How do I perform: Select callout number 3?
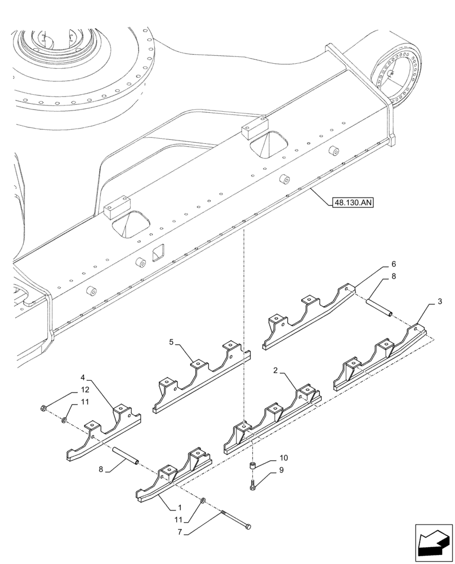[439, 303]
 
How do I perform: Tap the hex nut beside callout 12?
[44, 408]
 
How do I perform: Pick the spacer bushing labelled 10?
[253, 466]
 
